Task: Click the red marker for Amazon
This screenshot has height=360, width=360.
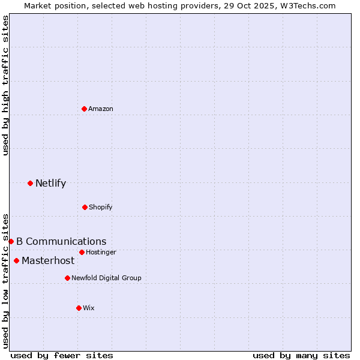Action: point(84,109)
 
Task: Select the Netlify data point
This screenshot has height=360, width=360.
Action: point(30,183)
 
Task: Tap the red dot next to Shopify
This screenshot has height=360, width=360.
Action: point(85,207)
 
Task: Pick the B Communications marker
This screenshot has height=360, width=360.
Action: point(11,241)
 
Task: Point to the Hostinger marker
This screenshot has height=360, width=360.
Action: point(82,252)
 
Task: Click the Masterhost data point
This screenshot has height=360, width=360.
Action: point(16,260)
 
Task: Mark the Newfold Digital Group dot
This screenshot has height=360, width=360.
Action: point(67,278)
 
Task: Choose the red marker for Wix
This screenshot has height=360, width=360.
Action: point(79,308)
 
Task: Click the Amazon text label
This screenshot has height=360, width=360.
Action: point(101,109)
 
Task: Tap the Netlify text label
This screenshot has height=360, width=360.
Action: point(50,183)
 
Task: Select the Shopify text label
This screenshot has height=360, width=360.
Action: point(101,207)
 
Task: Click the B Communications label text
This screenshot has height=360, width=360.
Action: point(61,241)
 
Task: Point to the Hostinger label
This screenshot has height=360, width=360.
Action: point(101,252)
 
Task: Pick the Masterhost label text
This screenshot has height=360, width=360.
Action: point(48,260)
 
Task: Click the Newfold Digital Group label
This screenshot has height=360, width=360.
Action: point(107,278)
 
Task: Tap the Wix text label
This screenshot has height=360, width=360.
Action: point(89,308)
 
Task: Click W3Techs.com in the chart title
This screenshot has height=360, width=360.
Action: point(304,5)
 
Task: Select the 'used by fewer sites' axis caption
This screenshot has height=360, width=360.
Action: point(62,355)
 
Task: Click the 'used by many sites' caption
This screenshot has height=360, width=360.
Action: point(301,355)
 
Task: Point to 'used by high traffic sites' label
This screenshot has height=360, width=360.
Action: point(5,85)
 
